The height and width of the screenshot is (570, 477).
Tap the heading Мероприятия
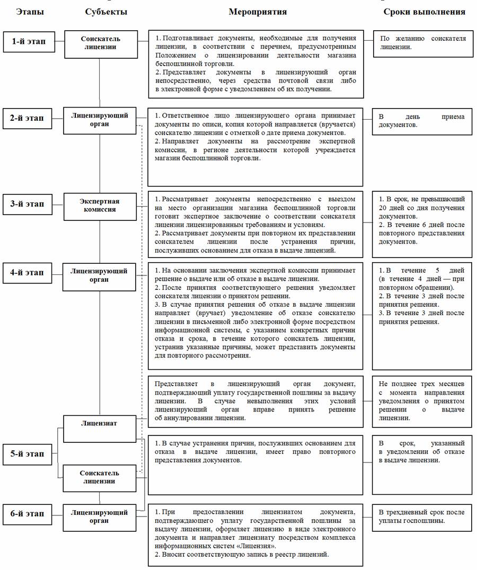click(258, 12)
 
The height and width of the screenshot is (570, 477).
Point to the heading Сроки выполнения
click(425, 12)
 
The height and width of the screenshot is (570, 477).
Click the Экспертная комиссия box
click(100, 206)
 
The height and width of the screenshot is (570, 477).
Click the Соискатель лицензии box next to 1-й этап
click(100, 43)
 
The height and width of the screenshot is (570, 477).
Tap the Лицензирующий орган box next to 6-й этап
click(100, 516)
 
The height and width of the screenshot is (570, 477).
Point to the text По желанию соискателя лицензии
click(422, 43)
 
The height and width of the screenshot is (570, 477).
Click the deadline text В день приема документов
click(422, 121)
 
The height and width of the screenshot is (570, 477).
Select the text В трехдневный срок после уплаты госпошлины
click(422, 516)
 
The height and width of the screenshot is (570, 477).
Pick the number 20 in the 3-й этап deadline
click(384, 208)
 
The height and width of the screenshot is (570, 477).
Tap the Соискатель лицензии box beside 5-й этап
click(100, 477)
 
